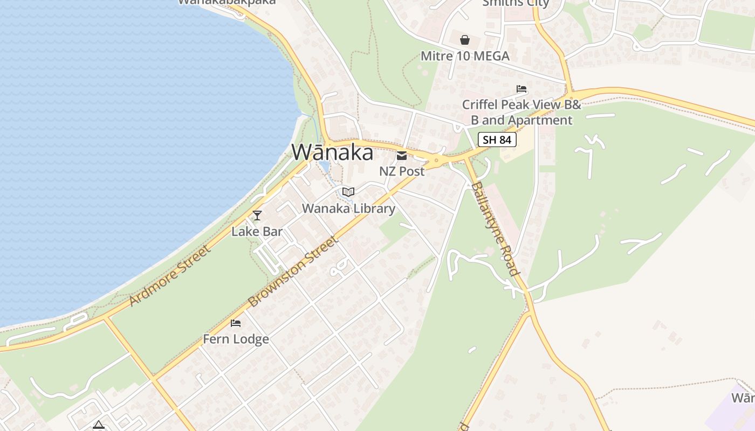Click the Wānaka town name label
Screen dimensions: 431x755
coord(332,152)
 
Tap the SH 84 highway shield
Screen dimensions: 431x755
coord(497,140)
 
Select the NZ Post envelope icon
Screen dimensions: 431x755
coord(402,156)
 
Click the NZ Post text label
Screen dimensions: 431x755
coord(402,171)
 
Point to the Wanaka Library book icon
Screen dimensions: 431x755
coord(348,192)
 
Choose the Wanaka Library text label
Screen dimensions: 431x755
coord(348,208)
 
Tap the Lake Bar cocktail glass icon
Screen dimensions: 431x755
coord(257,215)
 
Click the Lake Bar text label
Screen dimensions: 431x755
coord(257,232)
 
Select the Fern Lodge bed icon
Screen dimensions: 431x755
coord(236,323)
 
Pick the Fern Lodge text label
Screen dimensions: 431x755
coord(236,339)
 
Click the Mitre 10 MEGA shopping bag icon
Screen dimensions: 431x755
coord(465,40)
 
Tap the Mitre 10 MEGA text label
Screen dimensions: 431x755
coord(465,56)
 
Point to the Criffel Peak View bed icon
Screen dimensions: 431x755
coord(521,89)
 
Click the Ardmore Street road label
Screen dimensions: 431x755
coord(169,276)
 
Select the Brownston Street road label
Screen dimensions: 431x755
coord(293,271)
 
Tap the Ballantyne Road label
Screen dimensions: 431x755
coord(495,228)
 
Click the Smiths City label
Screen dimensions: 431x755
coord(515,3)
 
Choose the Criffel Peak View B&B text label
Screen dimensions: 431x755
coord(521,112)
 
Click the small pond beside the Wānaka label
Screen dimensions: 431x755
coord(325,165)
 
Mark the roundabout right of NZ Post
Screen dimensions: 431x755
coord(436,160)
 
